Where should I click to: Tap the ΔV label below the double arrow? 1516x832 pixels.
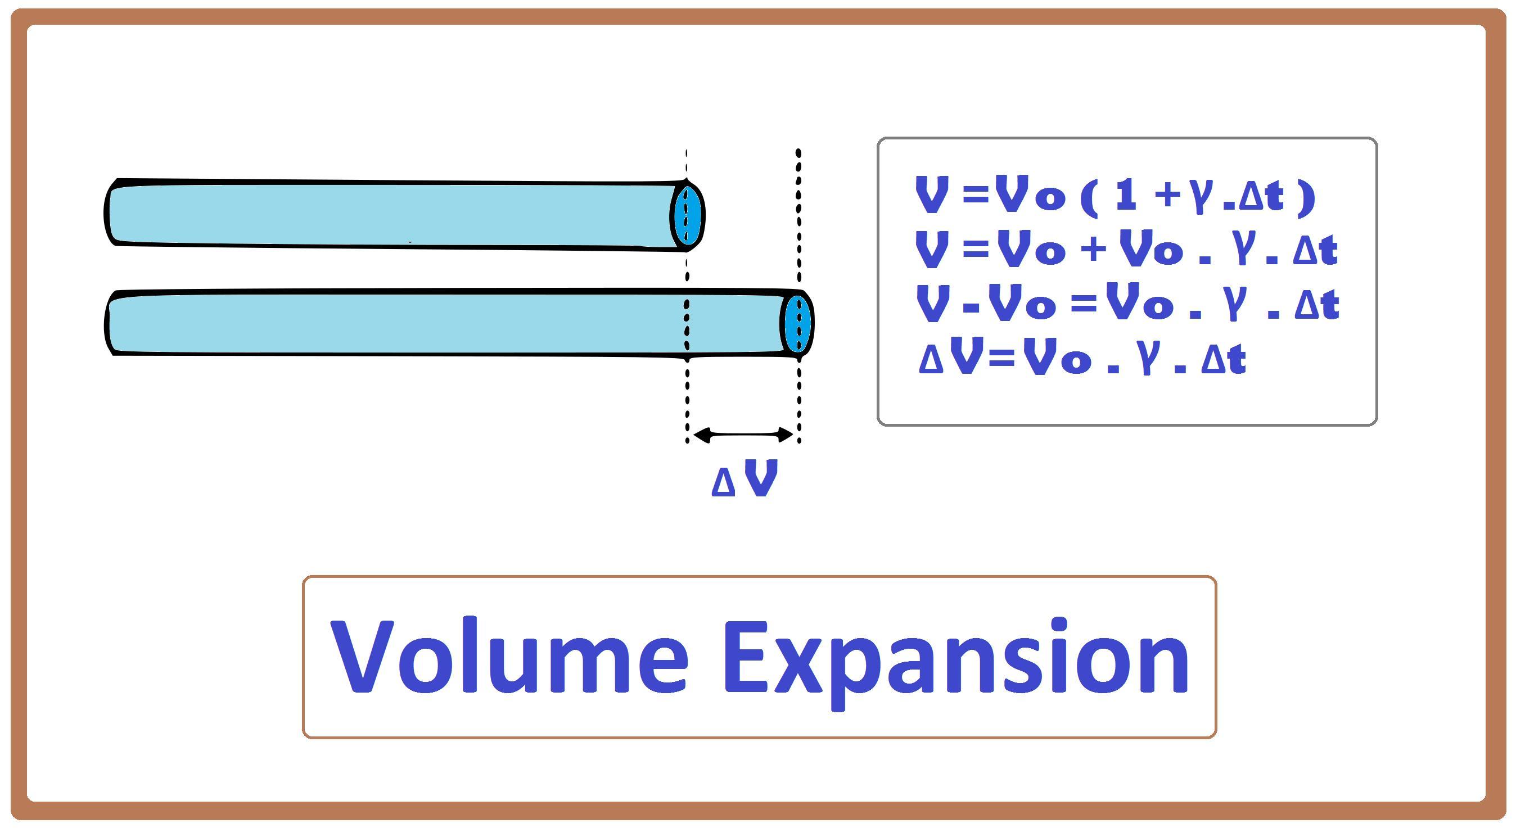(745, 478)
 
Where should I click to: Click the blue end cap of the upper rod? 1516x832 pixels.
(688, 215)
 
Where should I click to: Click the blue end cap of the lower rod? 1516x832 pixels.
(798, 324)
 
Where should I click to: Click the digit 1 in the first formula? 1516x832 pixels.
(1125, 196)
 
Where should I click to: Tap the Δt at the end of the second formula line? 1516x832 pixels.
(1315, 250)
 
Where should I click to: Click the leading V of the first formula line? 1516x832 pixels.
(932, 195)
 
